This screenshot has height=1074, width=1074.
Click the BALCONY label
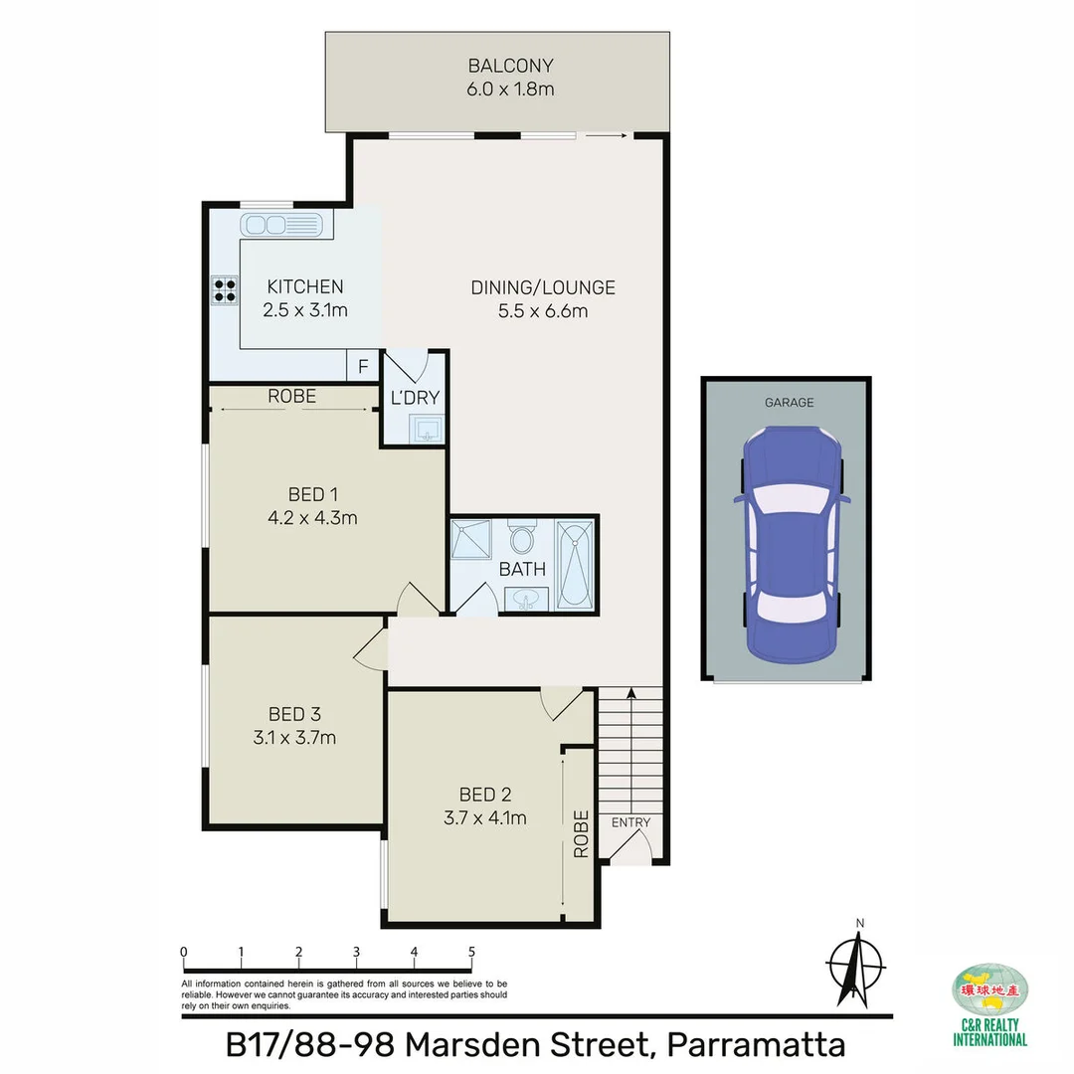coord(510,67)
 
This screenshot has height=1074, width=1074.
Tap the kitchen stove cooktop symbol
coord(224,289)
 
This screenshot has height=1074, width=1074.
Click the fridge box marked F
coord(363,367)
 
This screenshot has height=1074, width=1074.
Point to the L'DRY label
coord(415,398)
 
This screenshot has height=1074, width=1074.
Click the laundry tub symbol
coord(425,430)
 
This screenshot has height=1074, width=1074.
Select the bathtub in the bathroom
coord(575,564)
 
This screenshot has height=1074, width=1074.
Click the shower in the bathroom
coord(472,542)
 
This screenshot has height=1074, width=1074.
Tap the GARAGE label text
coord(789,403)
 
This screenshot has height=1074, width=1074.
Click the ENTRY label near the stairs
coord(630,822)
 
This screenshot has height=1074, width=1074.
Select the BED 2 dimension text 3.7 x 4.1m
coord(486,818)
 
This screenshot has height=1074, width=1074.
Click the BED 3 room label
coord(294,714)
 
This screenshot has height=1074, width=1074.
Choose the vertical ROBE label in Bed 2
coord(581,833)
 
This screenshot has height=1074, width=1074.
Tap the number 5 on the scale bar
coord(471,952)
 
